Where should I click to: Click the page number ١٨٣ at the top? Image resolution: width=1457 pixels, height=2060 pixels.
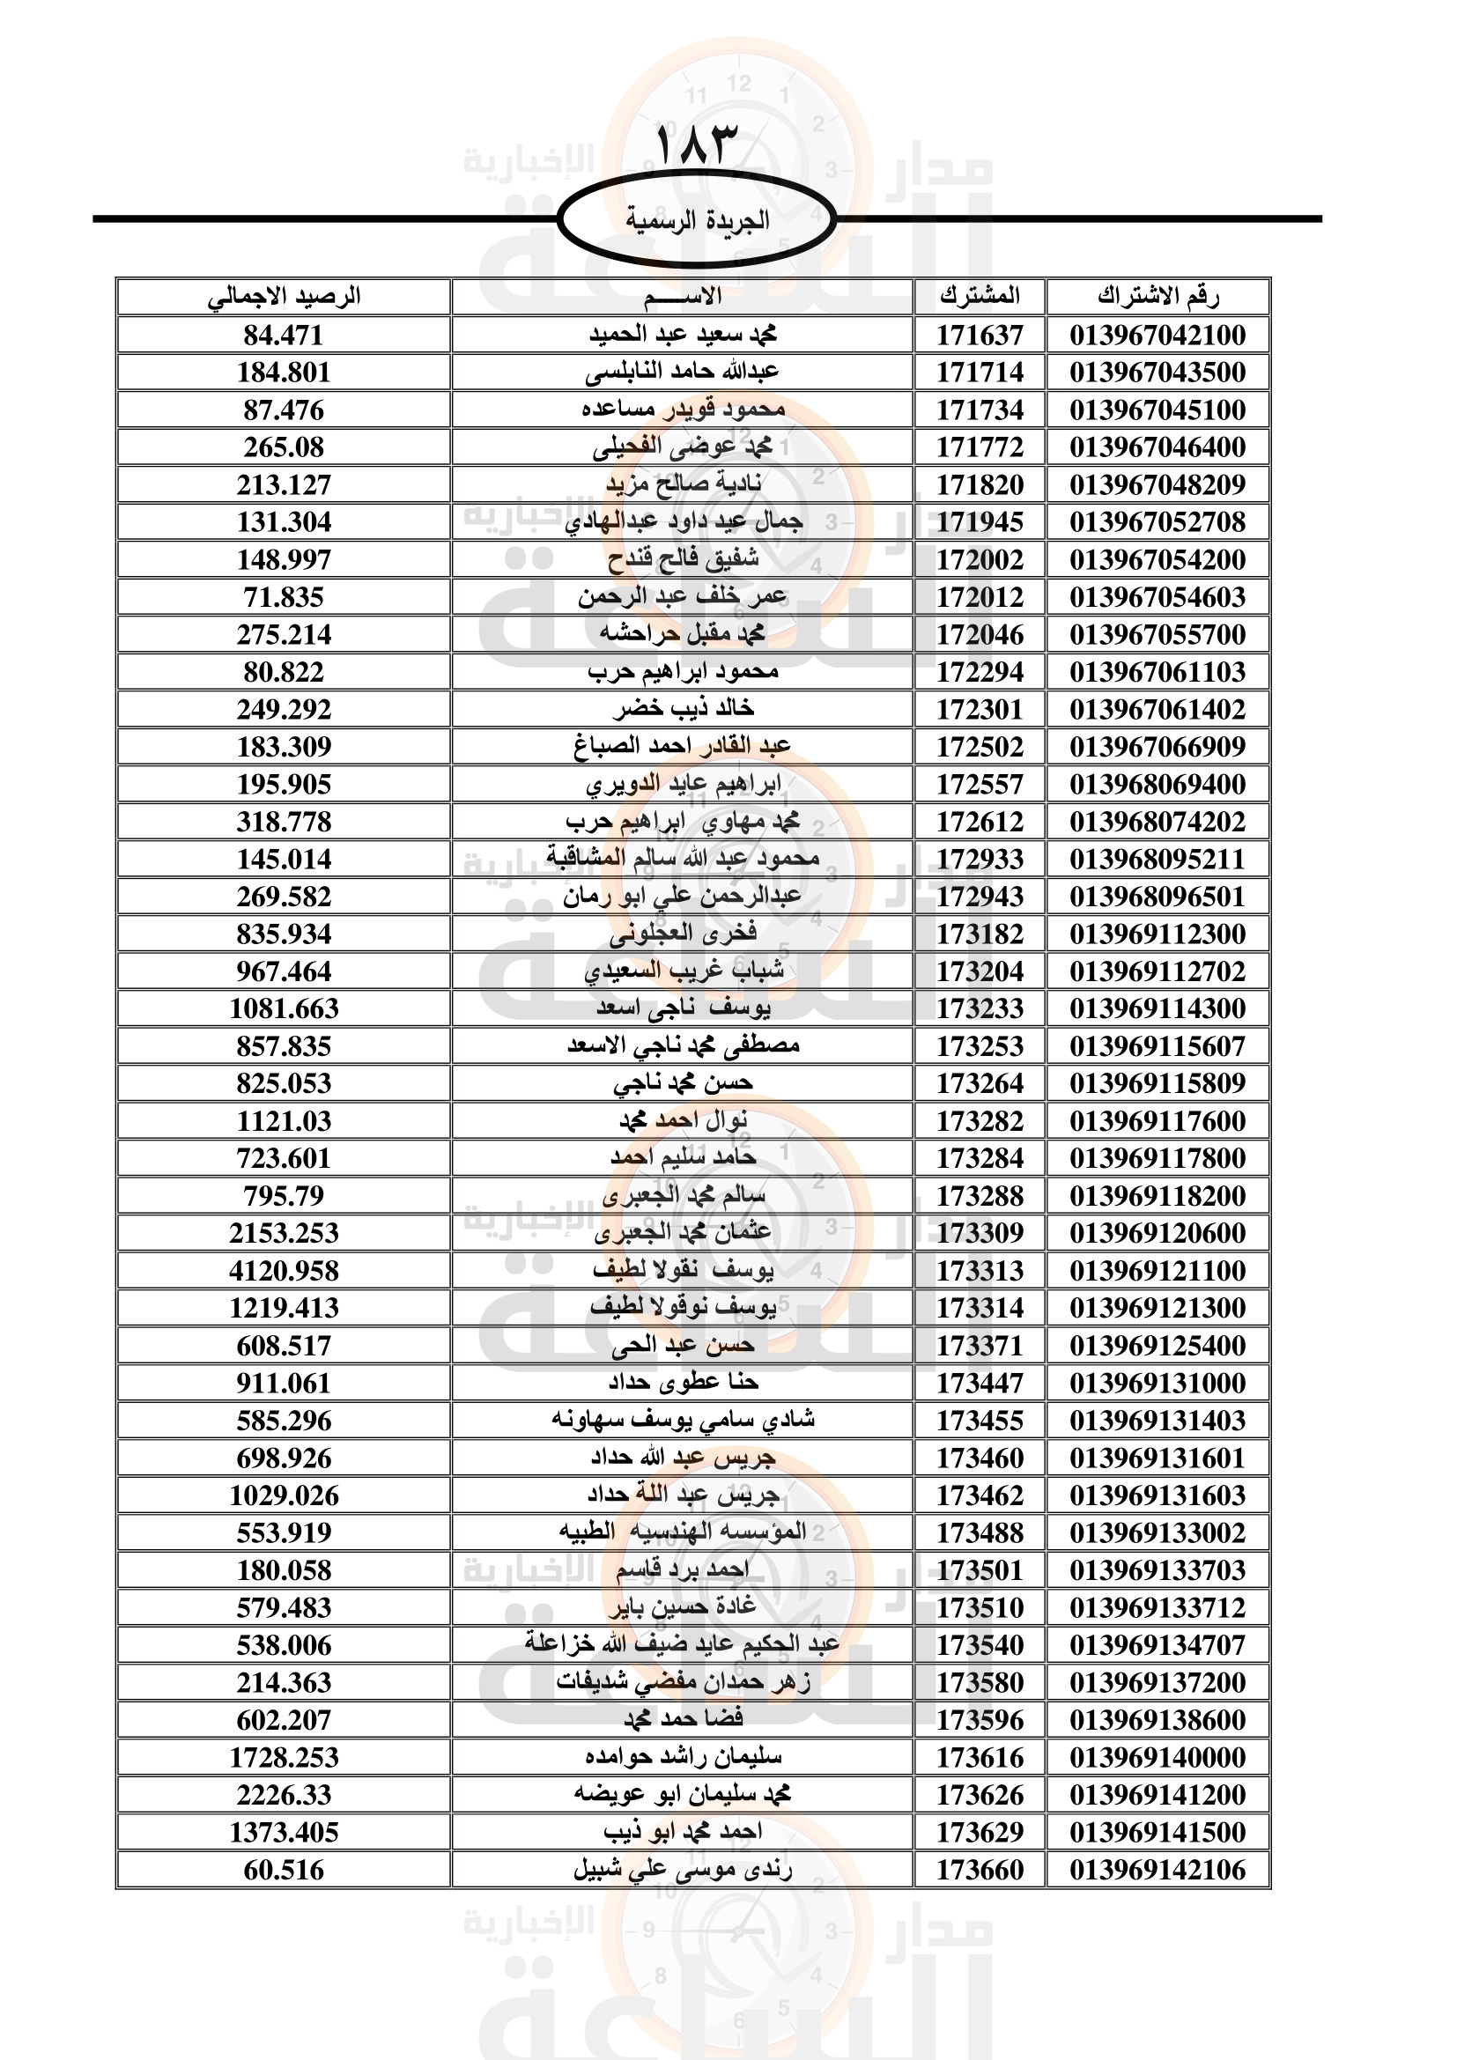tap(695, 145)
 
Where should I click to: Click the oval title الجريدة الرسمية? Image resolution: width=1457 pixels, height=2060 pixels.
tap(696, 220)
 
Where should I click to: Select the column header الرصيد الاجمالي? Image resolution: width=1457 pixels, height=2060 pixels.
tap(284, 296)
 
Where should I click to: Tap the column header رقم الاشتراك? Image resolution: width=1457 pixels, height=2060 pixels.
tap(1157, 296)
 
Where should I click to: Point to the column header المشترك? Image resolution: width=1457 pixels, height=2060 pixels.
tap(980, 296)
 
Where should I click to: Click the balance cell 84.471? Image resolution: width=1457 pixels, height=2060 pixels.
tap(284, 335)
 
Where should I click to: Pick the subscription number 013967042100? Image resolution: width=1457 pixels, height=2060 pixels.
tap(1157, 335)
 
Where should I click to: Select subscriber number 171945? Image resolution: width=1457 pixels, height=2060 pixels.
tap(980, 522)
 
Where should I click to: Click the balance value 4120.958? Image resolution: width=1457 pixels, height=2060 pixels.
tap(284, 1271)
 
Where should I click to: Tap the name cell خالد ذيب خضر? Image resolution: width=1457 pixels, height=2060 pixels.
tap(684, 709)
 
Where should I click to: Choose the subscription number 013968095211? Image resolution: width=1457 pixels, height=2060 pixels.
tap(1157, 859)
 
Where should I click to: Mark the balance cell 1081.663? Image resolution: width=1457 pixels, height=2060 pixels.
tap(284, 1008)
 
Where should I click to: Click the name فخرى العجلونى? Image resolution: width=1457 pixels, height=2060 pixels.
tap(684, 934)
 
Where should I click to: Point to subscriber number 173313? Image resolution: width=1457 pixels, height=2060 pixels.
tap(980, 1271)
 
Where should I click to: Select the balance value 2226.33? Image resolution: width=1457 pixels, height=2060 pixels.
tap(284, 1794)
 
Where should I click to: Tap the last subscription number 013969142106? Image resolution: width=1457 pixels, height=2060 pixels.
tap(1157, 1870)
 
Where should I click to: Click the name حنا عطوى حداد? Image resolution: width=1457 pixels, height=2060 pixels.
tap(684, 1383)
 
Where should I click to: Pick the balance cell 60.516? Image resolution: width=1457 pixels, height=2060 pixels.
tap(284, 1870)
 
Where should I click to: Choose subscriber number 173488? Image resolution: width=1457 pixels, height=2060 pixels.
tap(980, 1532)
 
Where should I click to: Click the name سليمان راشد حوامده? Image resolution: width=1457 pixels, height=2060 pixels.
tap(684, 1757)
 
